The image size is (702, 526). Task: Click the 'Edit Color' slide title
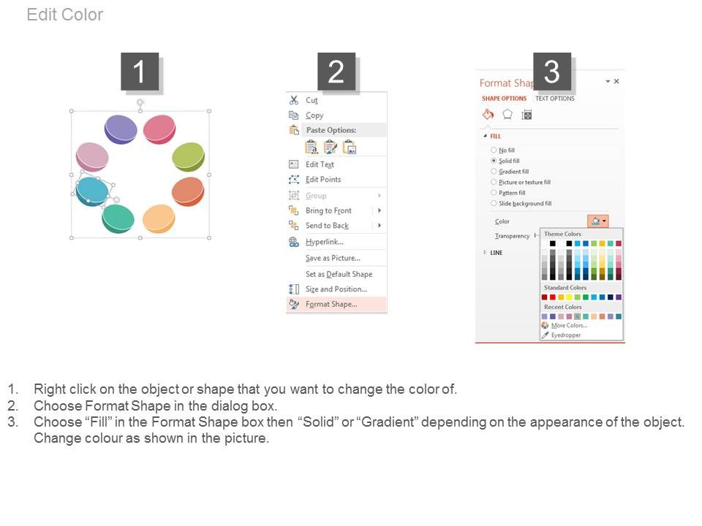(65, 15)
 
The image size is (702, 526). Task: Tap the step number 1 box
(140, 72)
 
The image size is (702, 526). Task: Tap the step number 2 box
(336, 72)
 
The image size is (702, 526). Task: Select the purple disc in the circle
(121, 129)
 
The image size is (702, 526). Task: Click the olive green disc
(188, 156)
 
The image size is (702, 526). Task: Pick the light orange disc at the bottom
(158, 218)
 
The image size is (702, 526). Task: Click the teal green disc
(118, 218)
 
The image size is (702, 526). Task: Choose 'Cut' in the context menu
(312, 100)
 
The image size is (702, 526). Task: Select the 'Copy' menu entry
(314, 115)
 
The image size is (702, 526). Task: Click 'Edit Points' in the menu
(322, 180)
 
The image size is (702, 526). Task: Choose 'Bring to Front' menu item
(328, 210)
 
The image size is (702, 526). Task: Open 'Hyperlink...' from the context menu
(324, 242)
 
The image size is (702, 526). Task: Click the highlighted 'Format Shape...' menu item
(331, 305)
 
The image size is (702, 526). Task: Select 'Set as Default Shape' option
(339, 274)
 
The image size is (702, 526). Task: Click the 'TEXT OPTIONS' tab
(555, 99)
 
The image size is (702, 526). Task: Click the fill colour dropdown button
(597, 221)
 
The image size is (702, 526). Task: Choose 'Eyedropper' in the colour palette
(565, 335)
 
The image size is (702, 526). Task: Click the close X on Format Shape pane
(616, 82)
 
